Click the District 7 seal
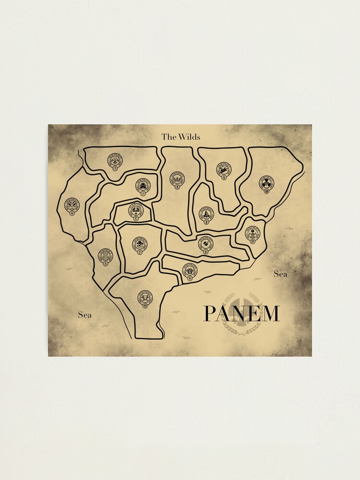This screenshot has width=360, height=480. [x=115, y=161]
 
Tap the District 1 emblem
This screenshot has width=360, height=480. [x=143, y=185]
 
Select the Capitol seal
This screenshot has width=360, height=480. [x=136, y=211]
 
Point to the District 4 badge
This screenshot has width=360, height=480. [x=72, y=205]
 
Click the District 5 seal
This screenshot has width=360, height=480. [x=105, y=256]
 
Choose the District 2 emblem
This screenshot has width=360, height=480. [x=140, y=245]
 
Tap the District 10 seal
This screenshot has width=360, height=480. [x=145, y=299]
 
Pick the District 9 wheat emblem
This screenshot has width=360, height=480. [x=177, y=179]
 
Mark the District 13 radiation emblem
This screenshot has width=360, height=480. [x=267, y=184]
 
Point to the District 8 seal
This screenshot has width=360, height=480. [x=205, y=244]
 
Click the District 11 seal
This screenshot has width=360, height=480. [x=190, y=272]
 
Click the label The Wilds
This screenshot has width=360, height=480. [x=180, y=137]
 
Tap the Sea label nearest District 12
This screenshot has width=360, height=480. [x=280, y=274]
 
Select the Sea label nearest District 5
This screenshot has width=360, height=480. [x=84, y=315]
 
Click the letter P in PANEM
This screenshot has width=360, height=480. [x=210, y=313]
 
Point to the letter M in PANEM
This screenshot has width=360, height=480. [x=270, y=313]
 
